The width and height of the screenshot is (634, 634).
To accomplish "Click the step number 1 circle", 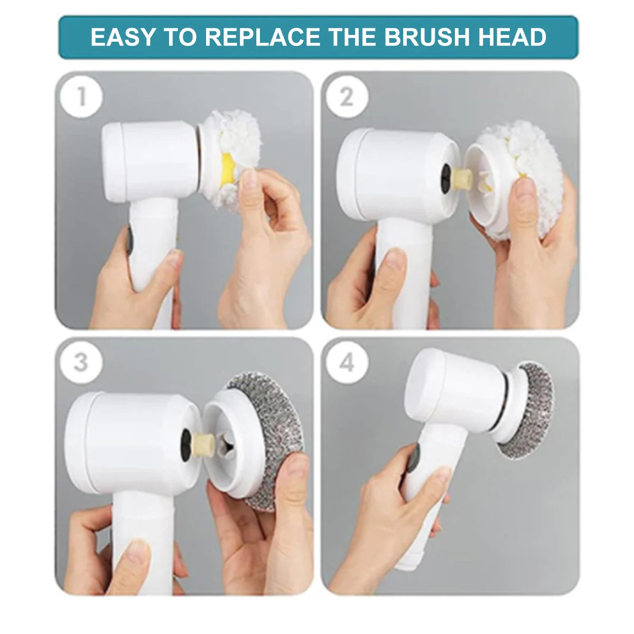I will pos(81,97).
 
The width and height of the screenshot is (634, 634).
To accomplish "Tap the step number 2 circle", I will pos(347,97).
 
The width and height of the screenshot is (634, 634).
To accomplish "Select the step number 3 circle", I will pos(81,362).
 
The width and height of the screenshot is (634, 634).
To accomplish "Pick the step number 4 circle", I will pos(347,362).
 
